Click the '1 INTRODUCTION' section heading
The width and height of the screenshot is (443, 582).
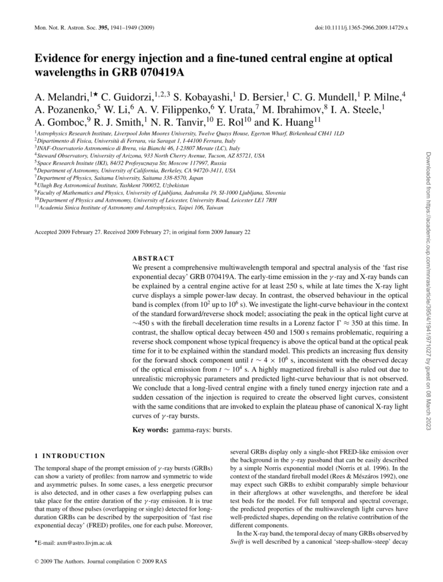point(70,456)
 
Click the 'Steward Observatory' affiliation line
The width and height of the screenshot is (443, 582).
point(150,155)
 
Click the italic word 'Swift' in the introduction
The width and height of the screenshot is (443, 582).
point(237,542)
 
